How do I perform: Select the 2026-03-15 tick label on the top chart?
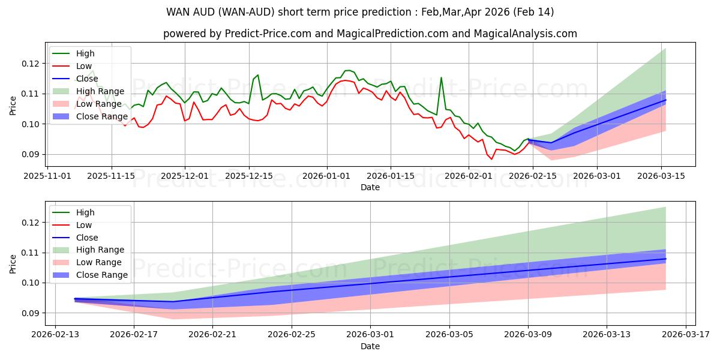click(x=661, y=176)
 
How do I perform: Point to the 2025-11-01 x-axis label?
click(x=46, y=176)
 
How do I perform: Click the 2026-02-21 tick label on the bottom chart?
click(x=213, y=335)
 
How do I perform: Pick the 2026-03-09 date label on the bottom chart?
click(x=528, y=335)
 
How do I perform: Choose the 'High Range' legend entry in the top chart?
click(x=101, y=91)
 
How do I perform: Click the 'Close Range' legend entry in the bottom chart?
click(x=103, y=275)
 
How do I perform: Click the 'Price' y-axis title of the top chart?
click(x=13, y=106)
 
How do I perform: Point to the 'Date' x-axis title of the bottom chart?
click(x=370, y=346)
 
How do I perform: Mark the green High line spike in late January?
click(x=441, y=77)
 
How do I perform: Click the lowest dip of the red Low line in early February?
click(x=492, y=159)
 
